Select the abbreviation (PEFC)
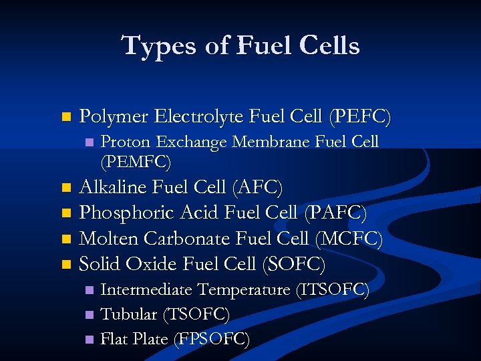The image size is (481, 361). [359, 117]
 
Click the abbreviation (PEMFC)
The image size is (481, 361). [136, 162]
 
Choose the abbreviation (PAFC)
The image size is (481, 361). [335, 213]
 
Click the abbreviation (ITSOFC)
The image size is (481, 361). [332, 290]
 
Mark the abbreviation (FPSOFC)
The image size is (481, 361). [212, 339]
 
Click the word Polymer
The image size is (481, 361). [114, 118]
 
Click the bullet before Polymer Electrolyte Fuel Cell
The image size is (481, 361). [65, 118]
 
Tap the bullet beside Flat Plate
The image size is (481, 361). [88, 340]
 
